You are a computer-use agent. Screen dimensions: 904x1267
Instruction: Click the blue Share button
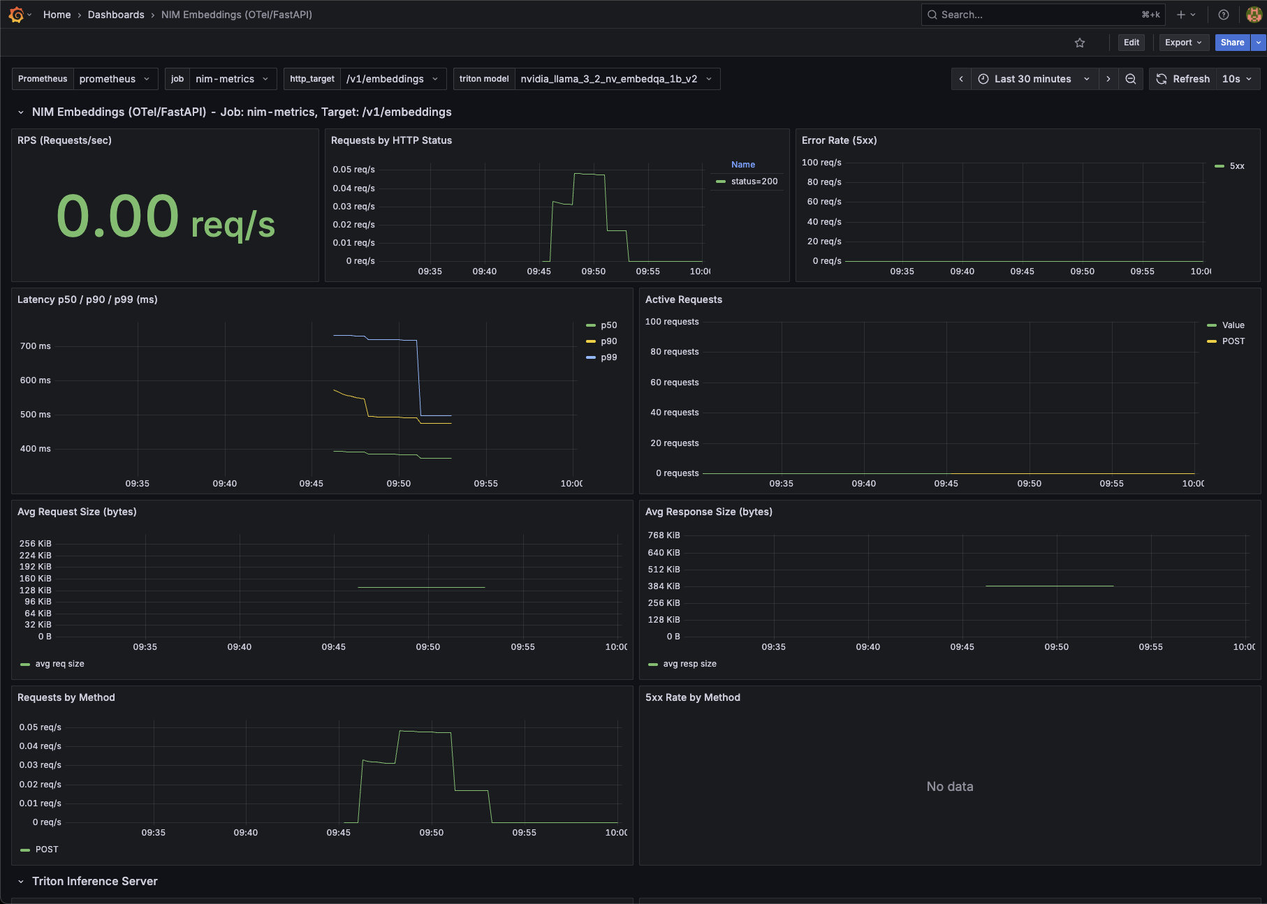click(1232, 43)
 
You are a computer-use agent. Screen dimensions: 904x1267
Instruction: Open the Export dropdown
click(1183, 43)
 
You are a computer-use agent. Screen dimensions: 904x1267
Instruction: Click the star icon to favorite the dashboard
click(1080, 43)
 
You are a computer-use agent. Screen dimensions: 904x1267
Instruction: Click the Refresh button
click(1184, 79)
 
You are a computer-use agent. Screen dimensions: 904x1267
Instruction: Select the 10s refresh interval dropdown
click(1237, 79)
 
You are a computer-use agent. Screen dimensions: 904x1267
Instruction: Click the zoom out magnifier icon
click(1131, 79)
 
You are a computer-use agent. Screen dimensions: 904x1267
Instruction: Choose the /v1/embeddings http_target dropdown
click(392, 79)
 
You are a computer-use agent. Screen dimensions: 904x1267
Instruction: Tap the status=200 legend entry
click(754, 181)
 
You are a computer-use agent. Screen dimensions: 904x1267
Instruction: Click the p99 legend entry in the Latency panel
click(608, 357)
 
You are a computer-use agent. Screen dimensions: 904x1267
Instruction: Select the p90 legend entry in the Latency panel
click(608, 341)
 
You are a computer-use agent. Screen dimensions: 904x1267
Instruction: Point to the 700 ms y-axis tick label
click(36, 346)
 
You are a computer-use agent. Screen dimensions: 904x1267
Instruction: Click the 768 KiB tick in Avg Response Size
click(664, 535)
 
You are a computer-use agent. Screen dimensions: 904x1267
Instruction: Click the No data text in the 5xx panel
click(949, 787)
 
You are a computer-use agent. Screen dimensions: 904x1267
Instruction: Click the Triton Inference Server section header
click(95, 882)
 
